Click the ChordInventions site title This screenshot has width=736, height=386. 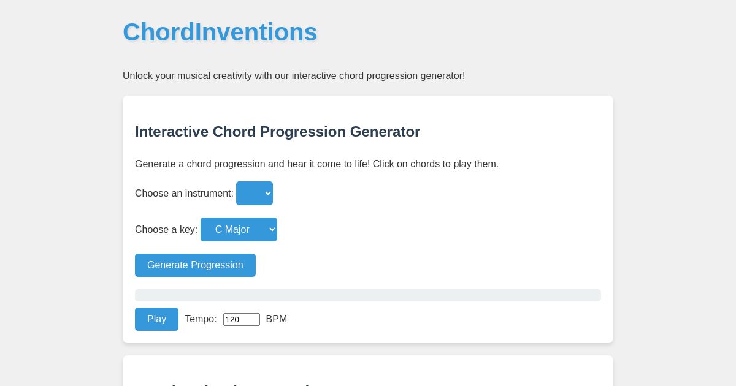point(220,32)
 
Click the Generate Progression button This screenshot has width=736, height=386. point(195,265)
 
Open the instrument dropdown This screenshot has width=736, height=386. point(255,194)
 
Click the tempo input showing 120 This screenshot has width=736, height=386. point(241,319)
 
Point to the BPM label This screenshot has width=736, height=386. point(276,319)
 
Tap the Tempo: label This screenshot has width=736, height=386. point(201,319)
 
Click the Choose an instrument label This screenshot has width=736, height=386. point(184,194)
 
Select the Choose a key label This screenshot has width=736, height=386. point(166,230)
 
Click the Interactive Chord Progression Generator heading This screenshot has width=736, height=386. point(277,132)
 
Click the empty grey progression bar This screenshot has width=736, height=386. point(368,295)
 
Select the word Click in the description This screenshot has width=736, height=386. point(385,164)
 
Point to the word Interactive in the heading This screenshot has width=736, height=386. point(171,132)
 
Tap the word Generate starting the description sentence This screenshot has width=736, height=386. point(156,164)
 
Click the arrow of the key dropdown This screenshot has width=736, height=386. point(272,230)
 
